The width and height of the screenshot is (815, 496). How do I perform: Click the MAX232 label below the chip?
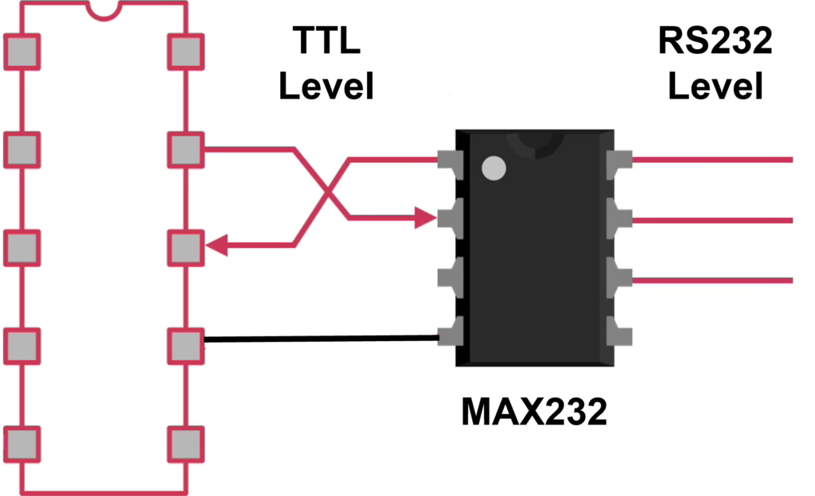535,412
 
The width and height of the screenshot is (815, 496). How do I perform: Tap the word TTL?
326,41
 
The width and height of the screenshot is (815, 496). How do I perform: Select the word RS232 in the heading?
715,41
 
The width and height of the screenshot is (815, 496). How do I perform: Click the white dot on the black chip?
494,168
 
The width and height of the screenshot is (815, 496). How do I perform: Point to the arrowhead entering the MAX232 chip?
427,217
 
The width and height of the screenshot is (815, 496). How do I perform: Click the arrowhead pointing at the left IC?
216,246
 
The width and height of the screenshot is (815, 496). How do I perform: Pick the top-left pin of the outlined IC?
22,52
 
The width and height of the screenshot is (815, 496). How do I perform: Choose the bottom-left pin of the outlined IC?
22,443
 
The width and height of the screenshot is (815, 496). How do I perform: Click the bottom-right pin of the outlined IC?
186,443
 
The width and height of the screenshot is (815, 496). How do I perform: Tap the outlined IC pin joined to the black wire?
186,345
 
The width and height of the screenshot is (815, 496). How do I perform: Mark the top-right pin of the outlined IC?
186,52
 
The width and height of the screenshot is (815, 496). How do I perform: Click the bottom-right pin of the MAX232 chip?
618,331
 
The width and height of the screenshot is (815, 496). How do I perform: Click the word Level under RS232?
715,86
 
